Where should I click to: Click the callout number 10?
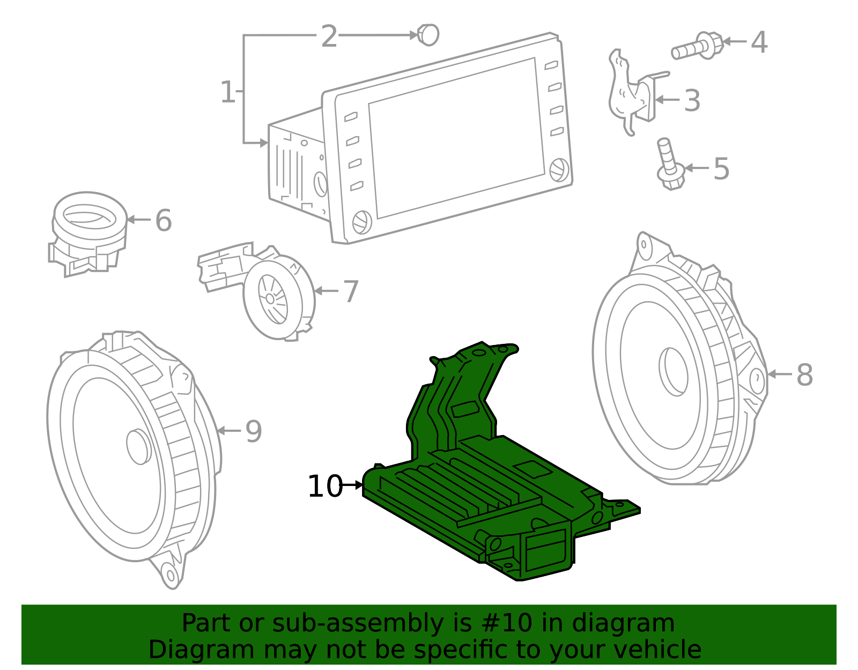pyautogui.click(x=324, y=487)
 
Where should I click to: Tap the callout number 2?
pyautogui.click(x=329, y=36)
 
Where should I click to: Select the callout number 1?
pyautogui.click(x=227, y=92)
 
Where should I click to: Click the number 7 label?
pyautogui.click(x=350, y=292)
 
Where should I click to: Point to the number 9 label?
pyautogui.click(x=253, y=431)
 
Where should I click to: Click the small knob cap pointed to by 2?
pyautogui.click(x=428, y=35)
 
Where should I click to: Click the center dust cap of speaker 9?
pyautogui.click(x=139, y=446)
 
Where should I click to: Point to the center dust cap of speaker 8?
pyautogui.click(x=674, y=371)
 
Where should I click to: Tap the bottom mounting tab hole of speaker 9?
pyautogui.click(x=171, y=576)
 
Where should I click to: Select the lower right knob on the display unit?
pyautogui.click(x=560, y=170)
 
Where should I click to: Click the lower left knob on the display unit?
pyautogui.click(x=362, y=222)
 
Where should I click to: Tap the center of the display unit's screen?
pyautogui.click(x=456, y=138)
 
